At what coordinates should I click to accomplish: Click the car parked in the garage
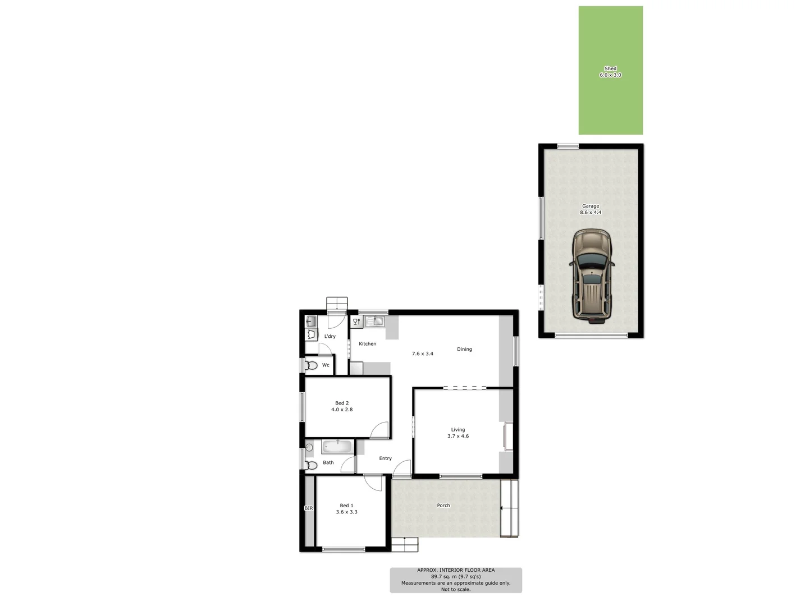(591, 276)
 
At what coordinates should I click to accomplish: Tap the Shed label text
(610, 68)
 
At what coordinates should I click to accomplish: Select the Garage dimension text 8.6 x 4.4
(591, 213)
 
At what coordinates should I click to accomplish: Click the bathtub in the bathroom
(336, 447)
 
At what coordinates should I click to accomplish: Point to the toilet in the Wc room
(311, 365)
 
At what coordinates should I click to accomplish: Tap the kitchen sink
(374, 322)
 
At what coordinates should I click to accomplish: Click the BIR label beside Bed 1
(309, 508)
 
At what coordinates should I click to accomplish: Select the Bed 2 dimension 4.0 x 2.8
(342, 410)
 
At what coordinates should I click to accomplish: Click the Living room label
(458, 430)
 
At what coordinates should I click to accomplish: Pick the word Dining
(464, 349)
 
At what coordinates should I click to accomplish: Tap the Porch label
(443, 506)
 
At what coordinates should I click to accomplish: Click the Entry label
(385, 458)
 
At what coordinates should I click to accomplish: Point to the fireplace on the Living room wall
(507, 436)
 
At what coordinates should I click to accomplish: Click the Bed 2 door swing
(381, 430)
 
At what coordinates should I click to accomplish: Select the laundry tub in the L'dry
(311, 322)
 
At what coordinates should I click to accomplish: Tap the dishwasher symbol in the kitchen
(356, 322)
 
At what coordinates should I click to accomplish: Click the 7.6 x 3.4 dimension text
(423, 353)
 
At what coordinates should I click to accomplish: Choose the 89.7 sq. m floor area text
(456, 576)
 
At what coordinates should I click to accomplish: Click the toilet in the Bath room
(310, 465)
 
